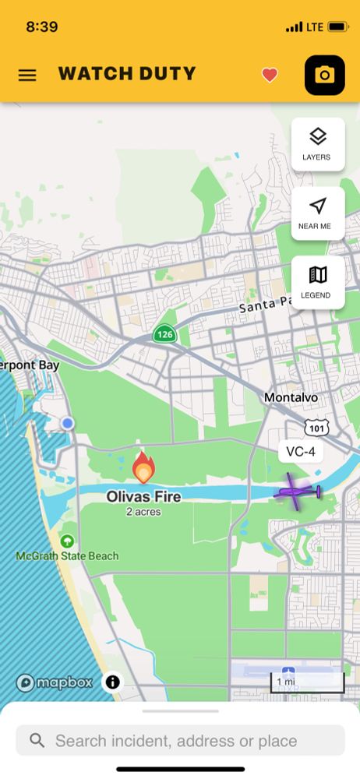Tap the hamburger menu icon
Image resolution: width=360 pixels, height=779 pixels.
27,76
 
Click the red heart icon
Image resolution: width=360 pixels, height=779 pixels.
270,76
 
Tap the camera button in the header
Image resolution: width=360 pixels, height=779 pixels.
324,76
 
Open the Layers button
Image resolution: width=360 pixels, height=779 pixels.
317,144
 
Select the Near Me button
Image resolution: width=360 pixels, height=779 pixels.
317,213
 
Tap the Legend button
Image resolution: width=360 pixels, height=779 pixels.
317,282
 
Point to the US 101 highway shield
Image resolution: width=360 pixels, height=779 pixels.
316,427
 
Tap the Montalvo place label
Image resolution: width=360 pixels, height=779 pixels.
291,397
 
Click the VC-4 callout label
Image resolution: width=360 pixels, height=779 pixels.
300,452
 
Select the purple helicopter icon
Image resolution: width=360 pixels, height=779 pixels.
297,493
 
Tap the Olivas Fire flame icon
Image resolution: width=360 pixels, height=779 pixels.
143,469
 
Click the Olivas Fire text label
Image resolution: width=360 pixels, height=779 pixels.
143,496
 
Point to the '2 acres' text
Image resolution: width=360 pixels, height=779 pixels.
143,512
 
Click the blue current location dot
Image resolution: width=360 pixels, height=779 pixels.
68,423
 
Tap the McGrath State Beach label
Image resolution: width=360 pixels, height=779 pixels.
68,555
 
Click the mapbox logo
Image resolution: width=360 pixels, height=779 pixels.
54,682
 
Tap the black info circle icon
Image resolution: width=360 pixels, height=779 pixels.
113,682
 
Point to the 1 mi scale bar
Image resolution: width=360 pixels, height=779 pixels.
307,683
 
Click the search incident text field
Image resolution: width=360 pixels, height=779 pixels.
180,740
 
